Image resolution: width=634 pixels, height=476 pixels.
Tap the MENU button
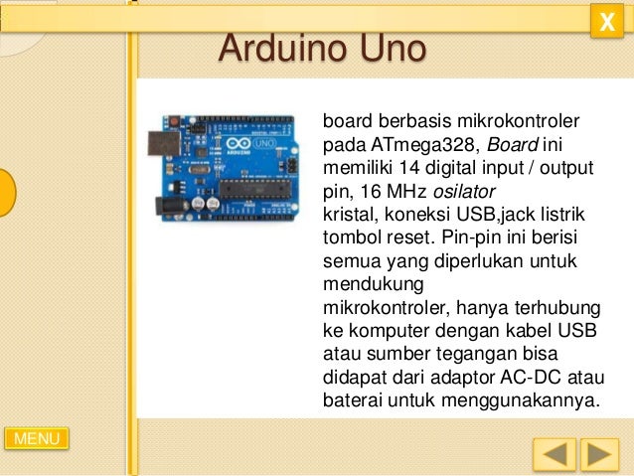point(37,438)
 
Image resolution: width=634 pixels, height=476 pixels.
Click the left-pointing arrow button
point(554,455)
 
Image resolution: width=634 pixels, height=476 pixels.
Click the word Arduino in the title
point(278,48)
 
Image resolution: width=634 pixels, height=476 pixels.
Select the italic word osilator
point(464,191)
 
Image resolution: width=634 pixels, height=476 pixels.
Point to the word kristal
point(346,215)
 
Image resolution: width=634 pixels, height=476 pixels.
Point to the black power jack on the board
point(164,205)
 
